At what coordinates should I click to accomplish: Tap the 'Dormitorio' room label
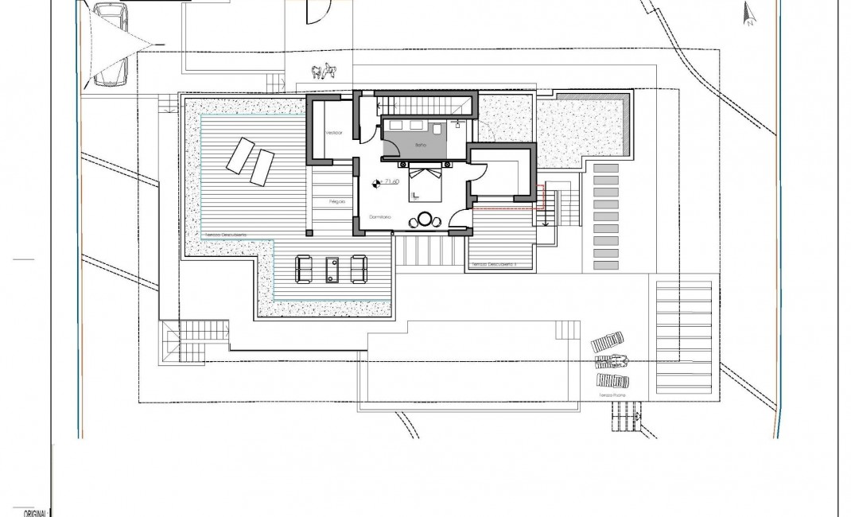pyautogui.click(x=380, y=216)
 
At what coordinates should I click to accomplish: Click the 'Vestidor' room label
pyautogui.click(x=332, y=133)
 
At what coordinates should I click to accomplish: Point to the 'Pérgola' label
pyautogui.click(x=336, y=203)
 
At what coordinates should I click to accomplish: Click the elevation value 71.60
pyautogui.click(x=391, y=182)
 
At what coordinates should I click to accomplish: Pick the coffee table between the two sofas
pyautogui.click(x=332, y=269)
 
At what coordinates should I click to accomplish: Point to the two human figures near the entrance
pyautogui.click(x=322, y=72)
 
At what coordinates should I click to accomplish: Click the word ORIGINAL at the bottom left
pyautogui.click(x=28, y=513)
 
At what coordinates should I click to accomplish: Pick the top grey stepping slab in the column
pyautogui.click(x=606, y=169)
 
